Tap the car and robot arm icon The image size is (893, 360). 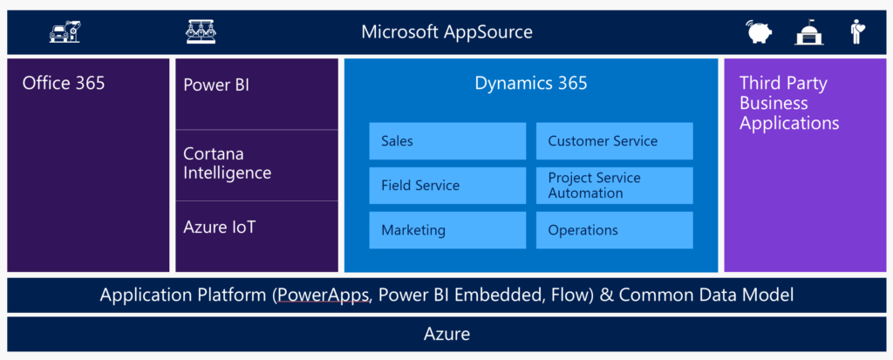pos(65,32)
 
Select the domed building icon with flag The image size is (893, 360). pos(809,32)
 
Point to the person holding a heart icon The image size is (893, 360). pos(856,32)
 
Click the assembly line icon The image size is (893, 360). pos(201,32)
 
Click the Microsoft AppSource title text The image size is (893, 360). pos(447,32)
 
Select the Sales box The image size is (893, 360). pos(447,140)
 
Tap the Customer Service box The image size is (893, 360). pos(615,140)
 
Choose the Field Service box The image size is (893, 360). pos(447,185)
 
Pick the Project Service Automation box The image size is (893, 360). pos(615,185)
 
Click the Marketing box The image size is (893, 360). pos(447,230)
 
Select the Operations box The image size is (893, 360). pos(615,230)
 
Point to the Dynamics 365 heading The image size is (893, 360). pos(531,84)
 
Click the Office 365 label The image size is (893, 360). pos(64,83)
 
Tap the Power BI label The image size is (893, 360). pos(216,85)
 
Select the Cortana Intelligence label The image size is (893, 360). pos(228,164)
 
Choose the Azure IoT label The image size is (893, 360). pos(219,228)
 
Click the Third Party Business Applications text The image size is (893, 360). pos(789,103)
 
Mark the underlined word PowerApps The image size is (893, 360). pos(323,295)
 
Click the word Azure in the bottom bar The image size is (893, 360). pos(447,334)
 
